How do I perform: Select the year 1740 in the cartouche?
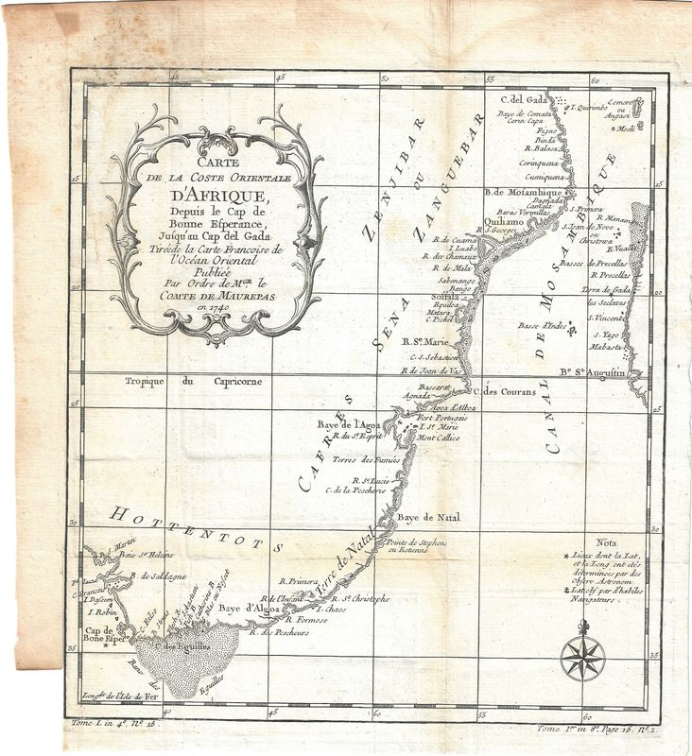228,305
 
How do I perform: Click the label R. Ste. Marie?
424,342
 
